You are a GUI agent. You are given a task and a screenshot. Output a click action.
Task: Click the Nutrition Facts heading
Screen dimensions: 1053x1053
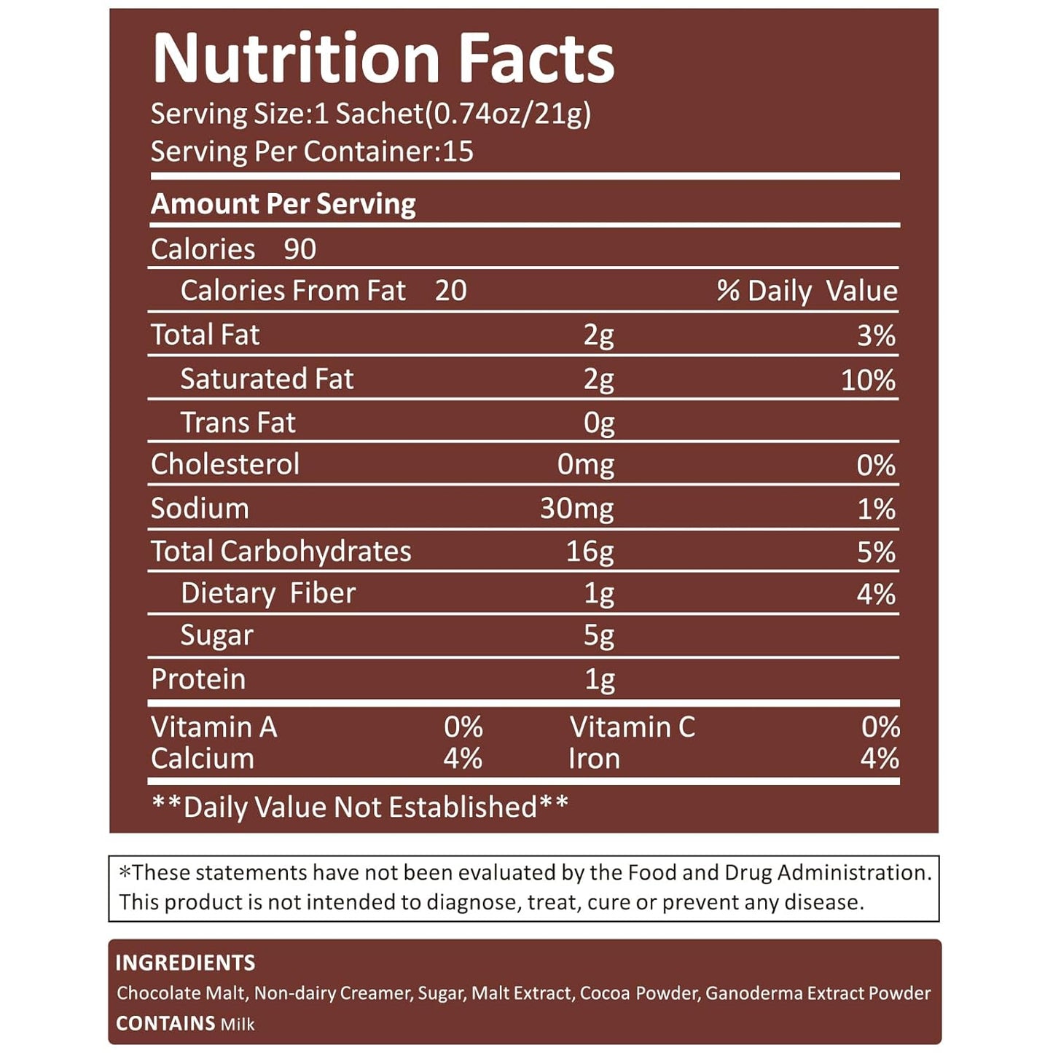(x=383, y=58)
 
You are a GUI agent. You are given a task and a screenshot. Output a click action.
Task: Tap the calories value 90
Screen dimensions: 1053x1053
(x=300, y=250)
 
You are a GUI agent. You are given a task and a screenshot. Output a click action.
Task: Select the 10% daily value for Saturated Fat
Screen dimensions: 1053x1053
(x=868, y=380)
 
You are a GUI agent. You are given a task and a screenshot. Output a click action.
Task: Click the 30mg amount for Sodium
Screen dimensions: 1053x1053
(x=576, y=509)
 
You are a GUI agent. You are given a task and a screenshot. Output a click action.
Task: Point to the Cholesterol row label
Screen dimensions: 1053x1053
(x=224, y=465)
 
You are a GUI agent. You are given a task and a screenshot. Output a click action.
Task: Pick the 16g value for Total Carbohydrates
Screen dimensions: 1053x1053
(x=590, y=552)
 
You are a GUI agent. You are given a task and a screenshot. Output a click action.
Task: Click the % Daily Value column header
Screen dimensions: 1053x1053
(x=807, y=291)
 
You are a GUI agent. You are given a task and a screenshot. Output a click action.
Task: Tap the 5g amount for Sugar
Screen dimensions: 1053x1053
(x=598, y=636)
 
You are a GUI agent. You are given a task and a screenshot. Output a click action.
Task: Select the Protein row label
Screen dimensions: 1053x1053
(x=198, y=679)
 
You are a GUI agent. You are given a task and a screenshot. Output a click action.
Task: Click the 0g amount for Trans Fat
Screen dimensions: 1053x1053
(x=598, y=423)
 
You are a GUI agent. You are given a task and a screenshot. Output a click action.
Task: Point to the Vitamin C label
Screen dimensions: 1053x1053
(x=632, y=727)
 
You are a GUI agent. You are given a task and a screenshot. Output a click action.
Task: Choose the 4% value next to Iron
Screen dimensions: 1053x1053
(x=880, y=759)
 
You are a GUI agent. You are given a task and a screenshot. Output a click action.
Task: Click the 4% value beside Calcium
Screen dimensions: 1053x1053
(x=463, y=759)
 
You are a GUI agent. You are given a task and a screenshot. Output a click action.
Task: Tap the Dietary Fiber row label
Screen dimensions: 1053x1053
(x=267, y=594)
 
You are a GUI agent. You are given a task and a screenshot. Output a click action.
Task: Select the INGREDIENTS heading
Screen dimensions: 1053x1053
(x=185, y=963)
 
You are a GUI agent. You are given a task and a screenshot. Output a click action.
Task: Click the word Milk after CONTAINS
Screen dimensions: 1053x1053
(x=238, y=1025)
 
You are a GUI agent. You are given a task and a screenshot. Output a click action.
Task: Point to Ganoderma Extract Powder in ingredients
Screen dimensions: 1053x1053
(x=818, y=993)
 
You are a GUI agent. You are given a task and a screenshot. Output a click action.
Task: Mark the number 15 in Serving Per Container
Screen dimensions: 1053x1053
(x=458, y=152)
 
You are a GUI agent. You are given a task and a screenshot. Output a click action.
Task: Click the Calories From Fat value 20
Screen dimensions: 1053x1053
(x=450, y=291)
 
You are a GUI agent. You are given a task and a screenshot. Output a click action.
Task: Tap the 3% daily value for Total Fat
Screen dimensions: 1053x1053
(x=876, y=337)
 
